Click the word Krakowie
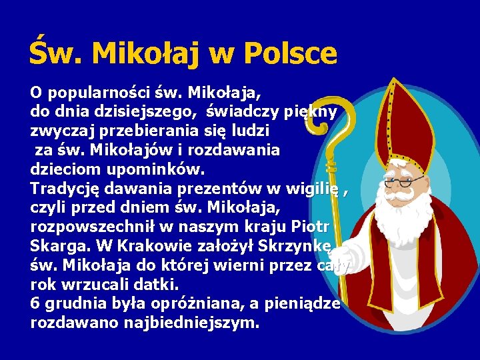[x=168, y=245]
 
